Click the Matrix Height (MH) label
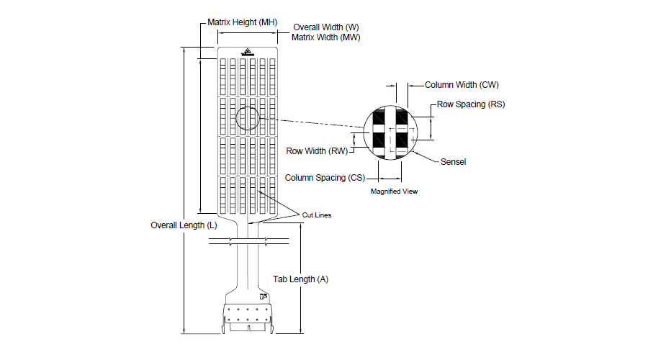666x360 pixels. pyautogui.click(x=242, y=22)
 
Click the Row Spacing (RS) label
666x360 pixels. pyautogui.click(x=471, y=104)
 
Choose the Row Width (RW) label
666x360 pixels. pyautogui.click(x=318, y=151)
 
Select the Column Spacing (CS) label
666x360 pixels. pyautogui.click(x=325, y=177)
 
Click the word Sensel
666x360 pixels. pyautogui.click(x=453, y=162)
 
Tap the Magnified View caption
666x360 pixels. pyautogui.click(x=394, y=192)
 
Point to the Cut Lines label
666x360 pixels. pyautogui.click(x=317, y=215)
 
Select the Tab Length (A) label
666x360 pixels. pyautogui.click(x=300, y=279)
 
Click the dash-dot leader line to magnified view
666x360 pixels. pyautogui.click(x=317, y=124)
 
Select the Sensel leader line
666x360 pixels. pyautogui.click(x=428, y=158)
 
